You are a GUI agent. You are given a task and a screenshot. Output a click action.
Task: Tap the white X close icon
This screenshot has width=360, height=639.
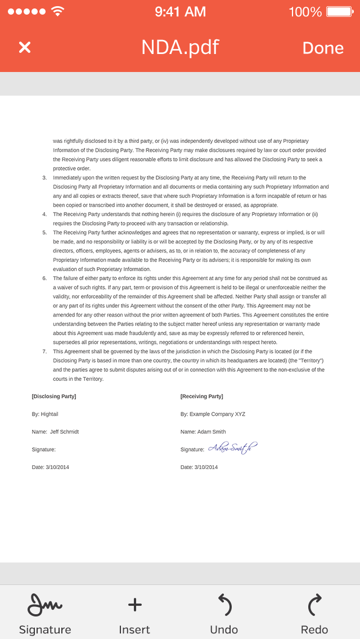click(x=25, y=47)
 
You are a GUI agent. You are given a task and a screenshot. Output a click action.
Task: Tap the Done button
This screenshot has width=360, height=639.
click(x=323, y=48)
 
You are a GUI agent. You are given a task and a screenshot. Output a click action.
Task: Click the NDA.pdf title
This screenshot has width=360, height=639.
click(x=180, y=47)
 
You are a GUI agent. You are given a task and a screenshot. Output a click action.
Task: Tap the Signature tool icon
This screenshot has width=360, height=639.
click(x=45, y=605)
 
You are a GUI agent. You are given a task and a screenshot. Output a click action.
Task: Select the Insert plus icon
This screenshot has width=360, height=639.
click(x=134, y=605)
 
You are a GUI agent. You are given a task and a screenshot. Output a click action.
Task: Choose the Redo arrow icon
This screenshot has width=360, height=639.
click(x=314, y=605)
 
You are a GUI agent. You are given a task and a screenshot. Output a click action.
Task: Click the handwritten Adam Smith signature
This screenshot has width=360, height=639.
click(x=232, y=448)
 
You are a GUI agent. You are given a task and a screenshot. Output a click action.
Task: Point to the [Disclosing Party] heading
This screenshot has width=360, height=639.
click(x=54, y=397)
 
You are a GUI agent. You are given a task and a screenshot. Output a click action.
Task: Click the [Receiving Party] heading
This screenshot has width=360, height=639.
click(x=201, y=397)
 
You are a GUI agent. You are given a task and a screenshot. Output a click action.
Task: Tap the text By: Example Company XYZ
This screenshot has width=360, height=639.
click(x=213, y=414)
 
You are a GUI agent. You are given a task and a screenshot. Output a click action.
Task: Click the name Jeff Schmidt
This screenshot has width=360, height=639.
click(x=64, y=432)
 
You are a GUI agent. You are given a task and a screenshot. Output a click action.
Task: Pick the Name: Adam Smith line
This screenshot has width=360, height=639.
click(x=203, y=432)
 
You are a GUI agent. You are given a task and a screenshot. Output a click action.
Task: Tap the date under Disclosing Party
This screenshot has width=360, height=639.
click(x=51, y=467)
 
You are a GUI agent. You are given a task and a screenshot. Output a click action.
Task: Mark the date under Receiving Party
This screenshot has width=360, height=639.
click(x=199, y=467)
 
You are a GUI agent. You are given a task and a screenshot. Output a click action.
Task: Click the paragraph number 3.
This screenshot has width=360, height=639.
click(x=44, y=178)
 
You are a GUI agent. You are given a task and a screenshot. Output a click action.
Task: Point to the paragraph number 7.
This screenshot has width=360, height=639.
click(x=44, y=352)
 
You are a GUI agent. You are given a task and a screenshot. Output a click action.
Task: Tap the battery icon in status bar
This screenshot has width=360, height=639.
click(x=339, y=11)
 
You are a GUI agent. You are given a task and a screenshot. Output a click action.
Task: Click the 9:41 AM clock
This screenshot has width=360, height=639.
click(x=180, y=11)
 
